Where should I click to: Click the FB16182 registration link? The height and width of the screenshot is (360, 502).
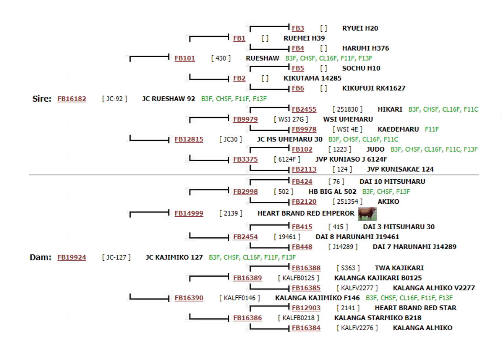click(72, 99)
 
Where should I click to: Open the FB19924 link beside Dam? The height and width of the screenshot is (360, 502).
click(72, 257)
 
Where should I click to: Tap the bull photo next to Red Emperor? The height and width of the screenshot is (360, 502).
click(367, 214)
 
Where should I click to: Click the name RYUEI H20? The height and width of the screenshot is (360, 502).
click(360, 28)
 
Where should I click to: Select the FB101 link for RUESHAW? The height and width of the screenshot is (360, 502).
click(185, 58)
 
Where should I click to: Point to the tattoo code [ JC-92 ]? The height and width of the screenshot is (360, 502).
click(115, 99)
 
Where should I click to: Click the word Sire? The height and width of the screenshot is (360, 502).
click(42, 99)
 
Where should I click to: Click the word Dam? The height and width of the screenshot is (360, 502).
click(40, 257)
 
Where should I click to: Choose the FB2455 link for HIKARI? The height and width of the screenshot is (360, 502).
click(304, 109)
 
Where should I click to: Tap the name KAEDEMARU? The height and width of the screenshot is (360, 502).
click(398, 129)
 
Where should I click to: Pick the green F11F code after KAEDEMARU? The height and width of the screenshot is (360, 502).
click(432, 129)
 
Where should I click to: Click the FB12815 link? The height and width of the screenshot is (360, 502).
click(189, 139)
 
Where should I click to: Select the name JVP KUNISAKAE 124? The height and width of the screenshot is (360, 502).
click(400, 169)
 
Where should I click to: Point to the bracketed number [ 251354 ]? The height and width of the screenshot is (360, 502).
click(347, 202)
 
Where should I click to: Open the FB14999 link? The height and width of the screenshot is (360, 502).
click(189, 213)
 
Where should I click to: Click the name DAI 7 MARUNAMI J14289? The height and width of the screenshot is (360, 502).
click(415, 247)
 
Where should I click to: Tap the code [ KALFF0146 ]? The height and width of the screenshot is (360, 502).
click(240, 298)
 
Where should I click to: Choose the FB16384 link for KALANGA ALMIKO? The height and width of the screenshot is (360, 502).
click(306, 328)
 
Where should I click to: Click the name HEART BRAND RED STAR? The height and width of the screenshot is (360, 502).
click(416, 308)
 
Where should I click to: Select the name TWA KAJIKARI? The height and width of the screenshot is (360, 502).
click(399, 268)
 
